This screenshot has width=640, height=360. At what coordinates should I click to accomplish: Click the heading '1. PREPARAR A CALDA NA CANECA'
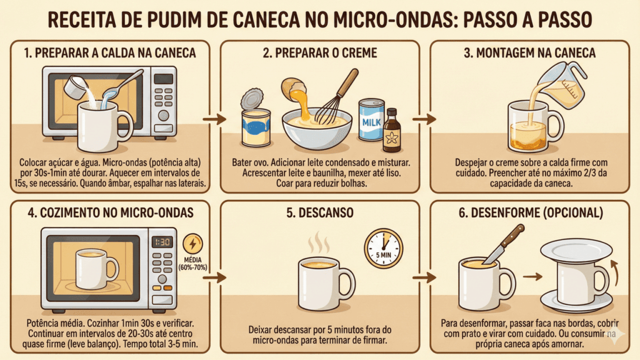point(109,53)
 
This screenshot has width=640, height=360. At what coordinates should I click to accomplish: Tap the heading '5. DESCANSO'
point(320,213)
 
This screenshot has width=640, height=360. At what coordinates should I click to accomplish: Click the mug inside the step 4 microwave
point(94,267)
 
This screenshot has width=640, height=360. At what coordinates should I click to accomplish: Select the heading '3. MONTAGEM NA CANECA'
point(529,53)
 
